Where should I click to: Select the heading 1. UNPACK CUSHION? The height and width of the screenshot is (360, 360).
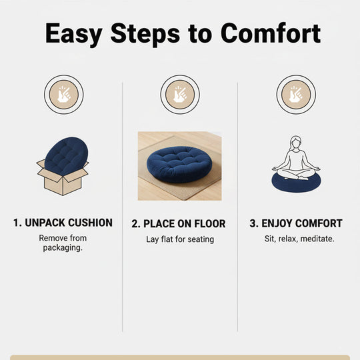coord(63,223)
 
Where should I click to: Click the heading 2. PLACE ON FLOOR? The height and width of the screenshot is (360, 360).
coord(179,223)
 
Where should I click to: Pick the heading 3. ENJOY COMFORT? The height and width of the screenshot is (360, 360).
coord(296,223)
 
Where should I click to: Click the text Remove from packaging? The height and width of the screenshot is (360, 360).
coord(63,243)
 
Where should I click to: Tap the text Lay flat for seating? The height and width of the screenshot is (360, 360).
coord(180,239)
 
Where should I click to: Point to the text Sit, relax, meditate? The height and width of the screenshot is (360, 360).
coord(296,239)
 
